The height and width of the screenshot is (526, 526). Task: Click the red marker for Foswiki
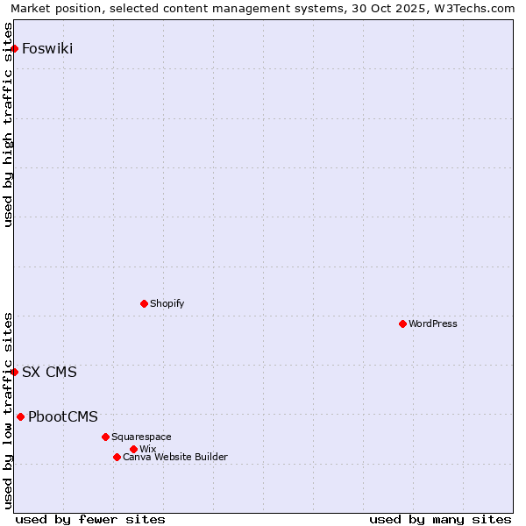(15, 48)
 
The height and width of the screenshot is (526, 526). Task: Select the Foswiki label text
(47, 48)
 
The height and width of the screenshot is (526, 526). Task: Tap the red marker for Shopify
(144, 303)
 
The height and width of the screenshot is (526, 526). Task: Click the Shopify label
(167, 303)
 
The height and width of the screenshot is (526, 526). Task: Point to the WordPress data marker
(402, 323)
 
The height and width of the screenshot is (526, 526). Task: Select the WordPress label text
(433, 323)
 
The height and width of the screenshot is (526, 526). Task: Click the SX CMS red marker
(15, 372)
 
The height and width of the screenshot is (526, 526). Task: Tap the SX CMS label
(49, 372)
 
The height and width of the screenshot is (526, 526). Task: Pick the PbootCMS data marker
(20, 416)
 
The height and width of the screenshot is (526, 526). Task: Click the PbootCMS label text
(63, 416)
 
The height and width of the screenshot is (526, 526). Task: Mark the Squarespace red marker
(105, 437)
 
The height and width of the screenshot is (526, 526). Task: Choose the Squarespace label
(141, 437)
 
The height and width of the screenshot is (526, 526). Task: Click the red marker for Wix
(133, 449)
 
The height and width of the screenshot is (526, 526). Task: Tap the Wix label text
(147, 449)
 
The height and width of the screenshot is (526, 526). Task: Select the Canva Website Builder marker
(117, 457)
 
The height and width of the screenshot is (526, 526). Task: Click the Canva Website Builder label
(175, 457)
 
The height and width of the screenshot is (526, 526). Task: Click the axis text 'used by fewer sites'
(90, 519)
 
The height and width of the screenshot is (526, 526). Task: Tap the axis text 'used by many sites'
(440, 519)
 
